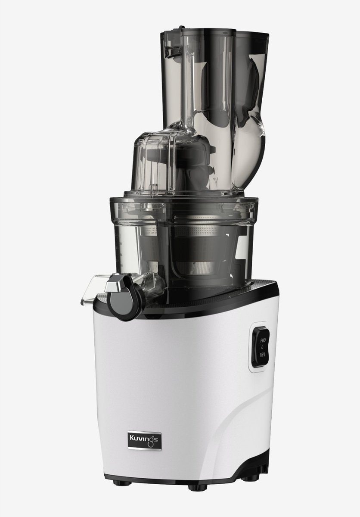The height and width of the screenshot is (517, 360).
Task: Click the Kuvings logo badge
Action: click(144, 441)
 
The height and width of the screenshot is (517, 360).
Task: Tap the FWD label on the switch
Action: click(263, 340)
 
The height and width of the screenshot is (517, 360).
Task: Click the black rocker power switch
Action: click(261, 346)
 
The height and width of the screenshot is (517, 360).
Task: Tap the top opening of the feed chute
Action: click(215, 32)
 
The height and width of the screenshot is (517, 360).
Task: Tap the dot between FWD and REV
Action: click(263, 346)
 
